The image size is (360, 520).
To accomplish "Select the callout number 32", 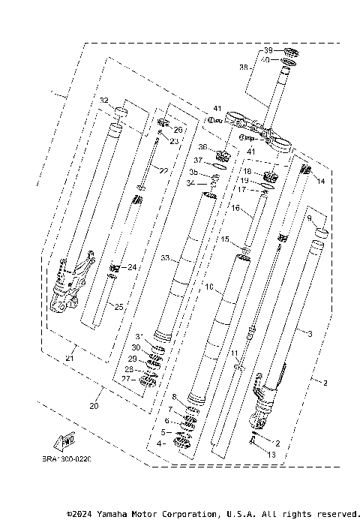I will pyautogui.click(x=104, y=100).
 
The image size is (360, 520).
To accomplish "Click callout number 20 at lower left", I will pyautogui.click(x=94, y=406).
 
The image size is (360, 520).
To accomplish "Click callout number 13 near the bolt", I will pyautogui.click(x=271, y=455).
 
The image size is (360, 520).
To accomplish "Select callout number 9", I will pyautogui.click(x=308, y=218).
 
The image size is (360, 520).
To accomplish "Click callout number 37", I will pyautogui.click(x=198, y=161).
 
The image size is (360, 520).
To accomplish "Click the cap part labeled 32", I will pyautogui.click(x=120, y=116).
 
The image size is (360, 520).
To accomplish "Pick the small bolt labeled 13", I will pyautogui.click(x=255, y=443).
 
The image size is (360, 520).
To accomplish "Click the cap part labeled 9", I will pyautogui.click(x=320, y=232).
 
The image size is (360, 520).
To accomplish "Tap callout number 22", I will pyautogui.click(x=163, y=170).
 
